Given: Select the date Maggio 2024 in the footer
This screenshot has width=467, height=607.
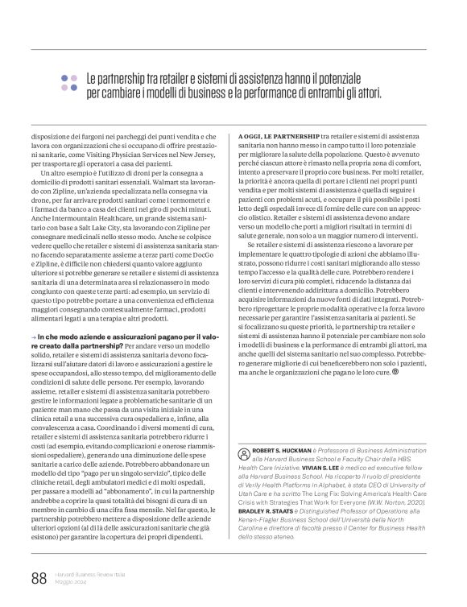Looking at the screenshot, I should tap(73, 581).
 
